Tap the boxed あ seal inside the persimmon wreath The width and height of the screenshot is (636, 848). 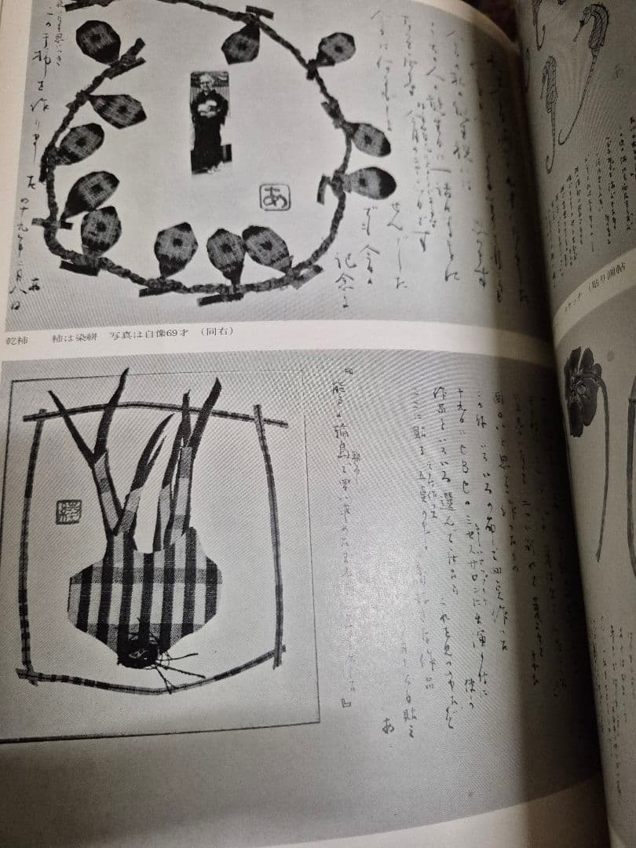tap(274, 196)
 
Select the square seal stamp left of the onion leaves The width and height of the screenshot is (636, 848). tap(68, 512)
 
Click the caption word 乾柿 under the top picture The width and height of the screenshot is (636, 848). tap(17, 331)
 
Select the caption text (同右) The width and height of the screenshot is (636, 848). tap(218, 331)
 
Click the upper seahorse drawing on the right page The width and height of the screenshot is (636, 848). tap(590, 47)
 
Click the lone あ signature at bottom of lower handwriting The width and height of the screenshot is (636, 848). tap(387, 726)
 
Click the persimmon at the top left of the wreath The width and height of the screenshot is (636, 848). tap(97, 40)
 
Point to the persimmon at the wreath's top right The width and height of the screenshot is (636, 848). tap(335, 49)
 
